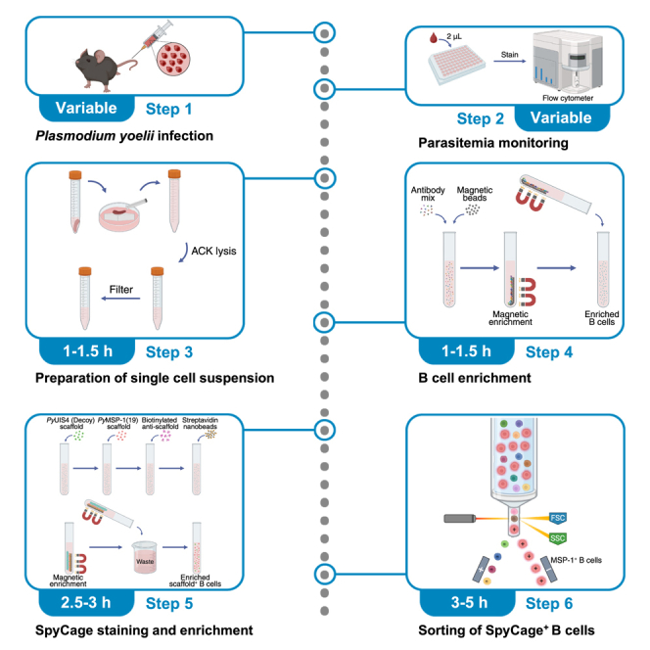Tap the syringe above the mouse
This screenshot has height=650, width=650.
coord(153,38)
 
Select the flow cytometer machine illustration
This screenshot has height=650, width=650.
coord(567,63)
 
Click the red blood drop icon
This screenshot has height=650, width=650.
coord(434,38)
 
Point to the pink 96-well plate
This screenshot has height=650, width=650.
coord(456,65)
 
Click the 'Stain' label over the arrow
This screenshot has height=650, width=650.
coord(509,54)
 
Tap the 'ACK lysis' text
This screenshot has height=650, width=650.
coord(213,251)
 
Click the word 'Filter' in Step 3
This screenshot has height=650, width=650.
coord(121,290)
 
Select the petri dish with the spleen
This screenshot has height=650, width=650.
coord(119,214)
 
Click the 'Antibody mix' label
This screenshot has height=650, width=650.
coord(428,194)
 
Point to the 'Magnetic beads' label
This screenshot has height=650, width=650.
coord(475,194)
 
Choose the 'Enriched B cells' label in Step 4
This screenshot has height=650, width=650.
coord(602,318)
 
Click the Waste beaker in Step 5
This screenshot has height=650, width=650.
coord(145,558)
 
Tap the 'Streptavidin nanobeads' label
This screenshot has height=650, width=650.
coord(200,423)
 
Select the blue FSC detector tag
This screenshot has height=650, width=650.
coord(558,518)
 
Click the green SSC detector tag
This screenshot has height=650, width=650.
coord(558,538)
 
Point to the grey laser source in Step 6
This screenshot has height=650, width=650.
coord(460,518)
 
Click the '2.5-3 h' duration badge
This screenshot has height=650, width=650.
coord(86,602)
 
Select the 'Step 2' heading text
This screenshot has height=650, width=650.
coord(480,118)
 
